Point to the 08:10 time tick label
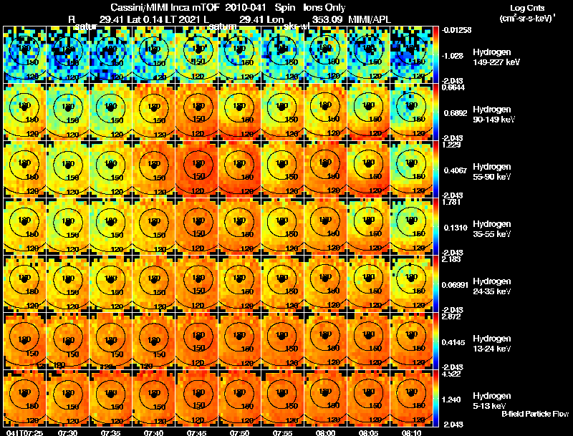click(412, 432)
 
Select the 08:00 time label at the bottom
click(326, 432)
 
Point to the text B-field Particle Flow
click(535, 414)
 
